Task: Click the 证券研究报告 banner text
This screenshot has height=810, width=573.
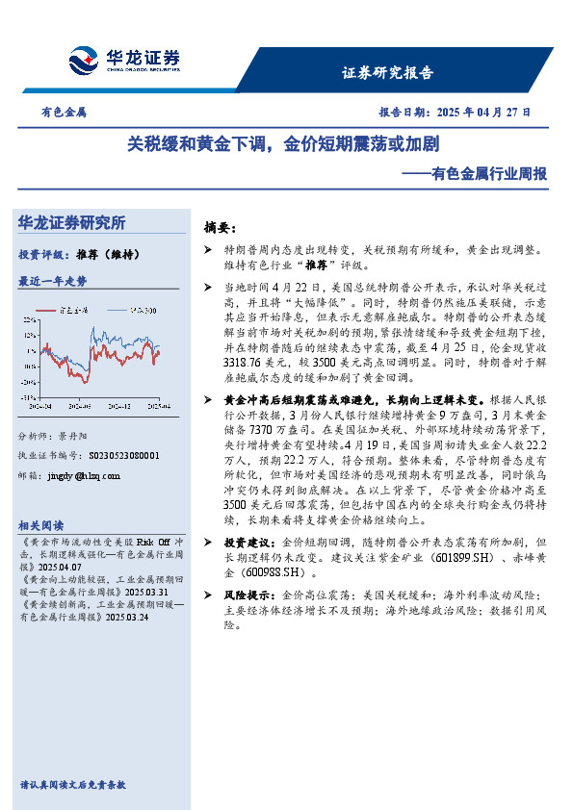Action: click(388, 73)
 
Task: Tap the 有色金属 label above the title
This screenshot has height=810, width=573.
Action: click(64, 112)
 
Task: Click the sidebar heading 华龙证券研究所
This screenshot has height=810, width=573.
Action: click(72, 222)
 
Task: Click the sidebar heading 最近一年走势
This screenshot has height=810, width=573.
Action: click(53, 282)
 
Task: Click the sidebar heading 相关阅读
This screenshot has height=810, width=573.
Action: click(41, 525)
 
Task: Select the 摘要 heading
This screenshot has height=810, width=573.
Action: click(220, 228)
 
